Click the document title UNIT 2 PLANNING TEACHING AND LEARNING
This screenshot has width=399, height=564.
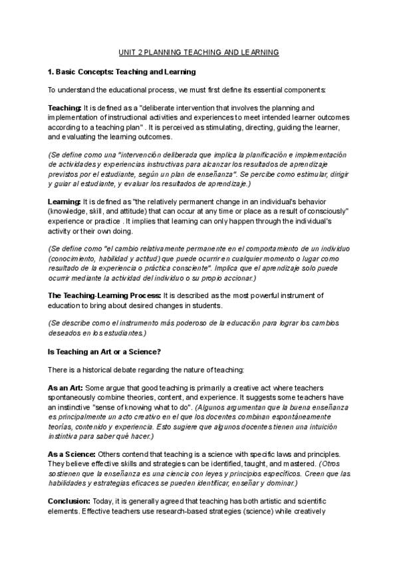pyautogui.click(x=199, y=51)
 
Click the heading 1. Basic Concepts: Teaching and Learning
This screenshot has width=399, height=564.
pyautogui.click(x=122, y=70)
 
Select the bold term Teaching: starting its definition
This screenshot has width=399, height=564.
pyautogui.click(x=65, y=108)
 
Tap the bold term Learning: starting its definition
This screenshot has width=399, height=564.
pyautogui.click(x=65, y=202)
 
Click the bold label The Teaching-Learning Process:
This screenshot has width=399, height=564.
pyautogui.click(x=104, y=295)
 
